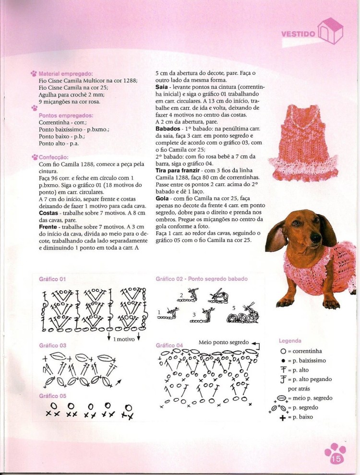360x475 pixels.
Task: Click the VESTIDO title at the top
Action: pyautogui.click(x=298, y=34)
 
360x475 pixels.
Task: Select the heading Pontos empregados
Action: pyautogui.click(x=66, y=115)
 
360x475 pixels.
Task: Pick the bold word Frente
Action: pyautogui.click(x=48, y=227)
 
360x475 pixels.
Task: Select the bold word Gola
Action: pyautogui.click(x=162, y=198)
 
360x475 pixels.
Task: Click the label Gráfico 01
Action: pyautogui.click(x=52, y=279)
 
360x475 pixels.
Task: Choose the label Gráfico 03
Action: pyautogui.click(x=52, y=345)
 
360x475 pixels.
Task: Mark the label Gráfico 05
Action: pyautogui.click(x=52, y=396)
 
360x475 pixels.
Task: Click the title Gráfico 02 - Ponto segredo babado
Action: pyautogui.click(x=202, y=279)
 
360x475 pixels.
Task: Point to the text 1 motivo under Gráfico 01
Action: pyautogui.click(x=124, y=339)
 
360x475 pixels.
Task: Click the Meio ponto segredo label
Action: pyautogui.click(x=224, y=343)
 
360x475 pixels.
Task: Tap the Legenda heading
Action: pyautogui.click(x=290, y=341)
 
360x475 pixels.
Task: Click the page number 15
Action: pyautogui.click(x=336, y=459)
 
